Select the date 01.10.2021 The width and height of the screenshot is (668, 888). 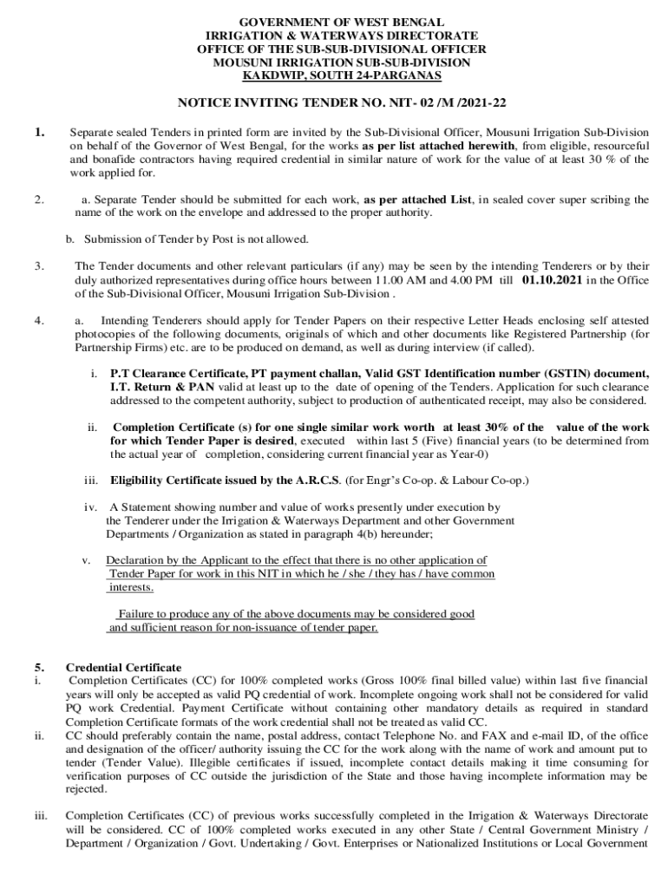coord(553,280)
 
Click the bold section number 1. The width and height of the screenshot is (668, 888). coord(40,132)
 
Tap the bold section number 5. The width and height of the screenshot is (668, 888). coord(39,667)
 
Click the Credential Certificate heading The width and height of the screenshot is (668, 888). coord(124,667)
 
